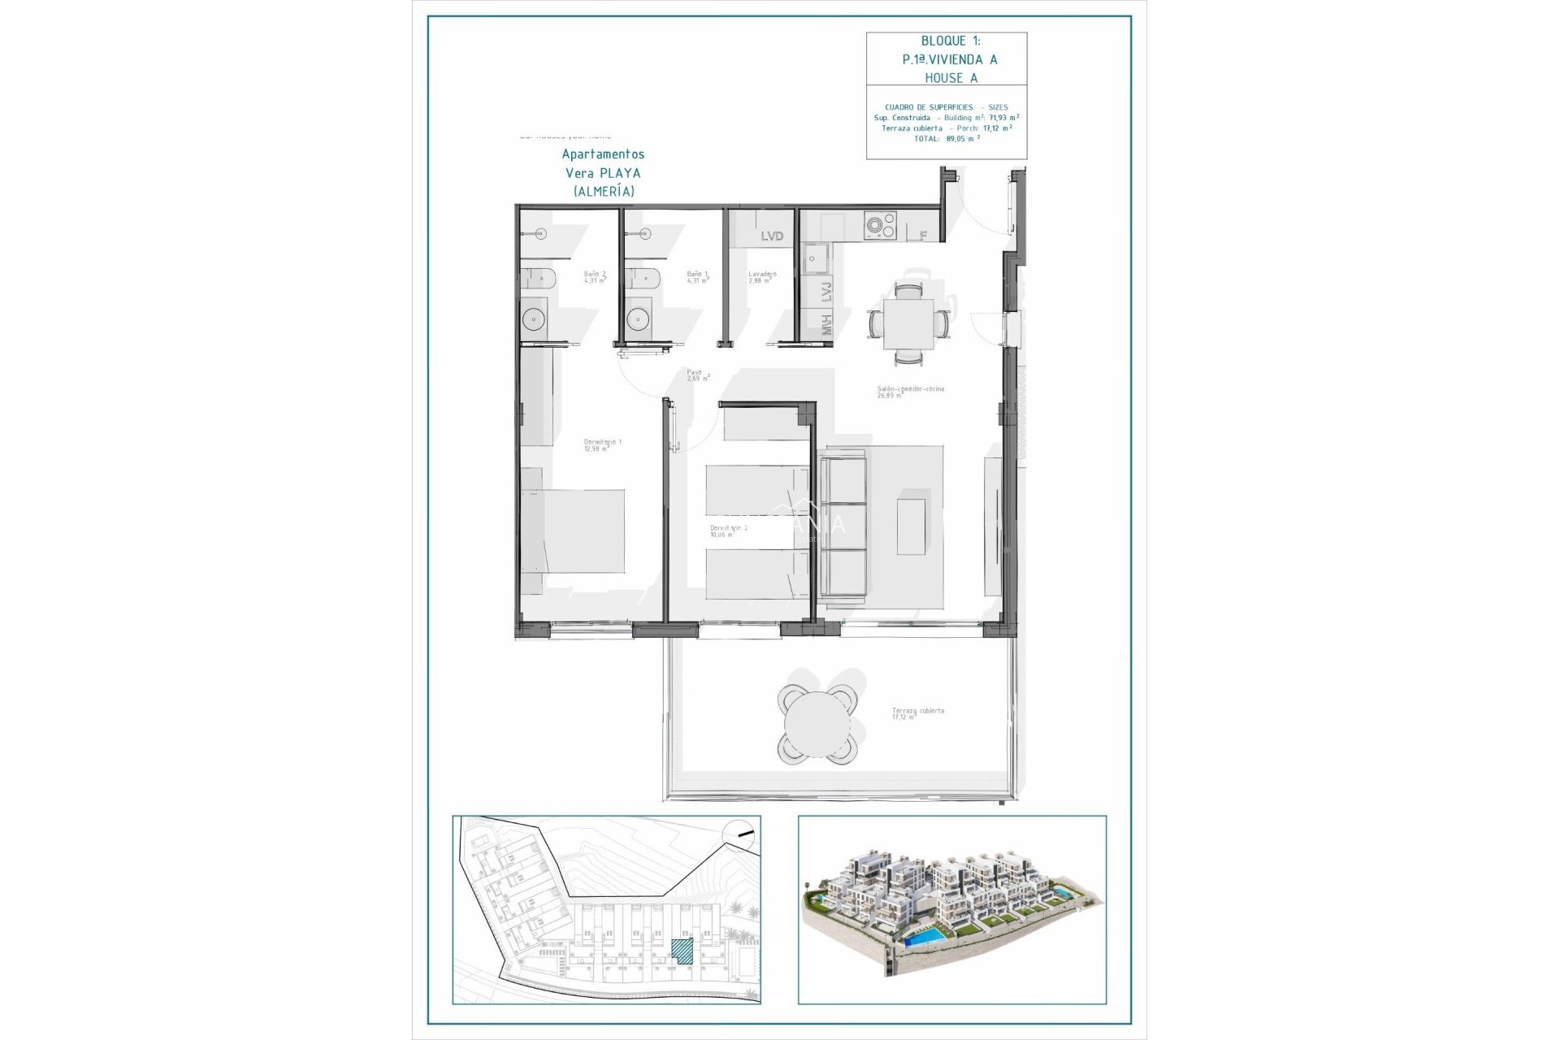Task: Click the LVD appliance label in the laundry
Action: (772, 236)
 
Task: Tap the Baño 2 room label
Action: (595, 277)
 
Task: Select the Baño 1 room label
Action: (697, 277)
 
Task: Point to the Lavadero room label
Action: (762, 277)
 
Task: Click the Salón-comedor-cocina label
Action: (910, 391)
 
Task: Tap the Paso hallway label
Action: (696, 375)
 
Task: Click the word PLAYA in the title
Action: (622, 173)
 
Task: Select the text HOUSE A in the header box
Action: (951, 78)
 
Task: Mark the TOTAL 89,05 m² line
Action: (947, 139)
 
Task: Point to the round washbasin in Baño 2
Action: (534, 319)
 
